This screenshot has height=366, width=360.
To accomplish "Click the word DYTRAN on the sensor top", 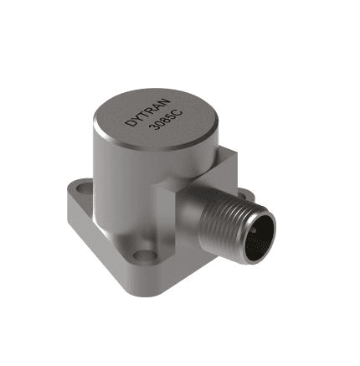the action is [147, 112].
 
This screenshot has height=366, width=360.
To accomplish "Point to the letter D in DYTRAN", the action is [129, 123].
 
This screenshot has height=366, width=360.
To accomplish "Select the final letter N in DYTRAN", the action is [165, 102].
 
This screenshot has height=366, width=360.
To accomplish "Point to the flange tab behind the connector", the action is [244, 193].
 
